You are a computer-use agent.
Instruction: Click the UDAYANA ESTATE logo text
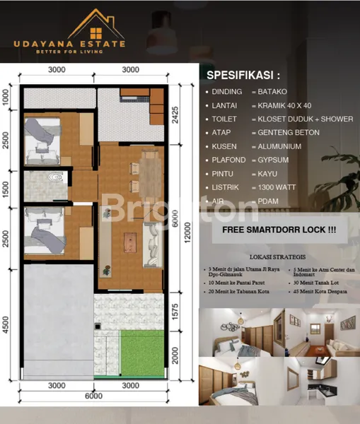coord(69,44)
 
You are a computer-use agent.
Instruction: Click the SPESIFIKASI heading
coord(243,75)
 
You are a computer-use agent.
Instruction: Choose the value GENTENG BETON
coord(289,133)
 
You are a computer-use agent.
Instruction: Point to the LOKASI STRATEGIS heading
coord(277,257)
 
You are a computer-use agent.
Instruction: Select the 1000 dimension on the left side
coord(6,98)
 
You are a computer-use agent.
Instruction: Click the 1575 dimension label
coord(175,311)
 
